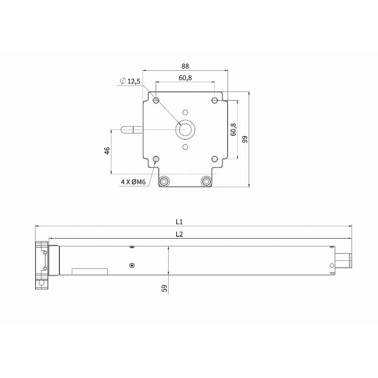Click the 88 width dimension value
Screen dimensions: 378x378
coord(185,66)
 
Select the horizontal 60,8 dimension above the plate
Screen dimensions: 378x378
coord(185,78)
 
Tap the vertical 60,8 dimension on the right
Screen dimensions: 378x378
coord(233,129)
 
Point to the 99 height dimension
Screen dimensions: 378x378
coord(245,139)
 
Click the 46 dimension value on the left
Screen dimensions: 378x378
coord(107,151)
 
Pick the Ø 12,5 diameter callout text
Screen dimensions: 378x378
coord(130,81)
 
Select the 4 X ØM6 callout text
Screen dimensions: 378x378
coord(133,182)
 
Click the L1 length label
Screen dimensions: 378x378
coord(179,222)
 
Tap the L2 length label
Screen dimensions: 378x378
coord(179,234)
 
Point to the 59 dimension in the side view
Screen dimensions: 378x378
coord(164,288)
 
